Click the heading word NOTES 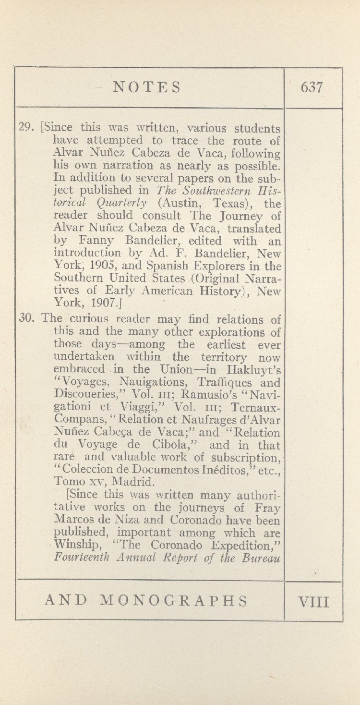[x=147, y=87]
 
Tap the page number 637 [x=312, y=87]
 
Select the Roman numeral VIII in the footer [x=313, y=601]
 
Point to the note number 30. [x=25, y=319]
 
